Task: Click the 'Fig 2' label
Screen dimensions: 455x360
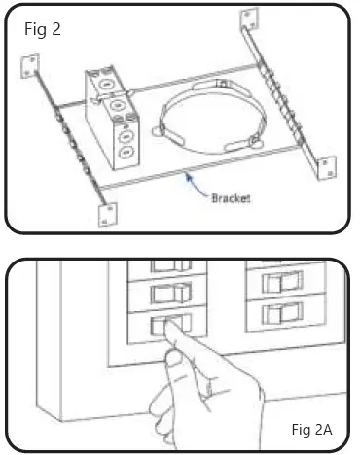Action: pyautogui.click(x=43, y=29)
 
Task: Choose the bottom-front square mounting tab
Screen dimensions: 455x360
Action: pyautogui.click(x=104, y=215)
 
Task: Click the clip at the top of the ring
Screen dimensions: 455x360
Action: pyautogui.click(x=223, y=86)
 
